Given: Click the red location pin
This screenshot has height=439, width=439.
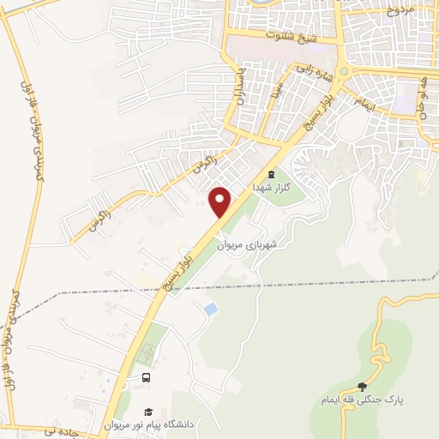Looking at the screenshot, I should click(221, 201).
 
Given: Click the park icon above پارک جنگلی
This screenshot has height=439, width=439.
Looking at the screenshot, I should click(362, 387).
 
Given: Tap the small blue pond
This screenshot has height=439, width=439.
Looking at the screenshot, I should click(210, 308).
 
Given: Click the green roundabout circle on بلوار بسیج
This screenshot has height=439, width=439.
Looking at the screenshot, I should click(343, 72).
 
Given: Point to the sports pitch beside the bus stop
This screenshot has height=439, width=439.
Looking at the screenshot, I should click(147, 354).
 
